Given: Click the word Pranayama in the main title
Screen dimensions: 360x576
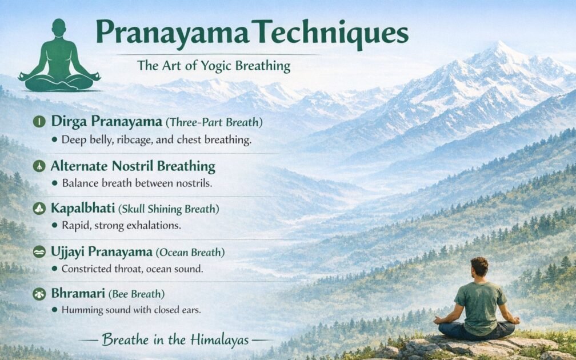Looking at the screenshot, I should [171, 34].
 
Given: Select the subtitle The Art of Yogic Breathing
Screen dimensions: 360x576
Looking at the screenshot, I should [213, 66].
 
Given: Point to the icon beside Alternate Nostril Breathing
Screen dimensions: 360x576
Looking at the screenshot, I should [39, 166].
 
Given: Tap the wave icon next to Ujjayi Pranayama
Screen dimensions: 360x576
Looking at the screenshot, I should [39, 251].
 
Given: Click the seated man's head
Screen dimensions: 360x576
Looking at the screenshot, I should [479, 267].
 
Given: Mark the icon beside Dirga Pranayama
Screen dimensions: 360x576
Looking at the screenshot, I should [39, 121].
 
